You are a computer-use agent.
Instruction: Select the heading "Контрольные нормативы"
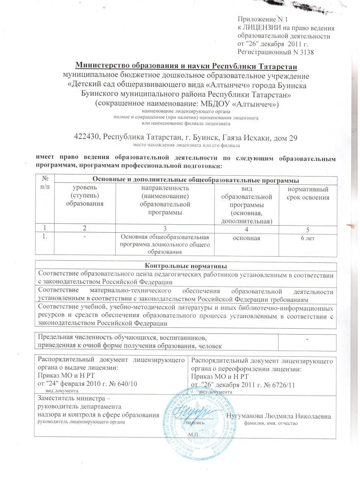(x=186, y=265)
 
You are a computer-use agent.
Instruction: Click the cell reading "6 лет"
(x=308, y=238)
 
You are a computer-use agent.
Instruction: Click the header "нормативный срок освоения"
(x=308, y=193)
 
